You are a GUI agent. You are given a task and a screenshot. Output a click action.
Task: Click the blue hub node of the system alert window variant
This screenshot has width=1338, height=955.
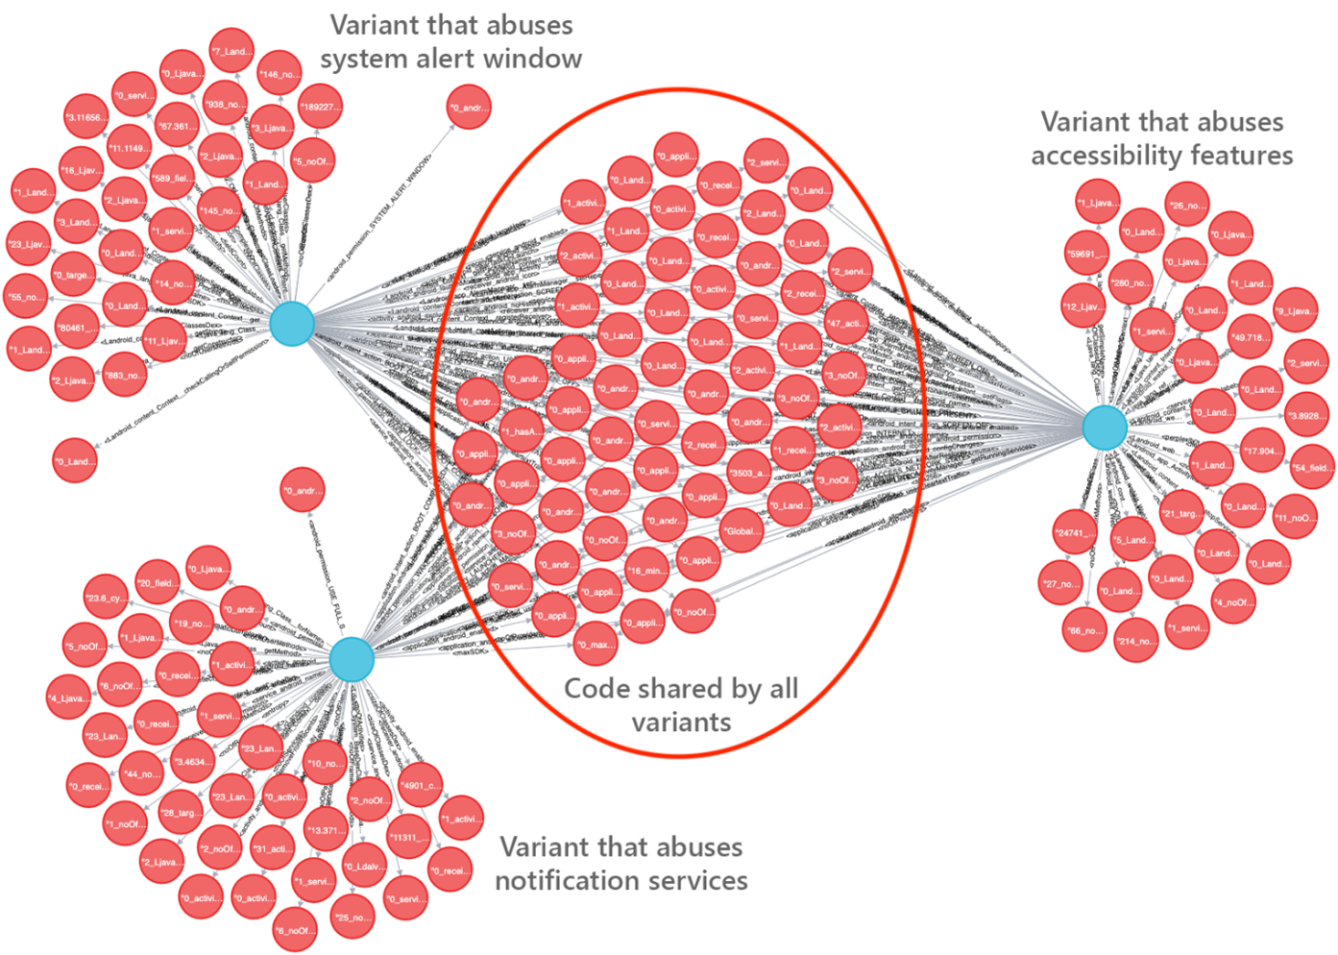(292, 324)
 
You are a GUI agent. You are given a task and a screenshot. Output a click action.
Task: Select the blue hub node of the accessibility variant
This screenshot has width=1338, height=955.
(1105, 428)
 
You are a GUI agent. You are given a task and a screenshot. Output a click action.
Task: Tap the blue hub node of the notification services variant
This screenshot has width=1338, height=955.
(352, 660)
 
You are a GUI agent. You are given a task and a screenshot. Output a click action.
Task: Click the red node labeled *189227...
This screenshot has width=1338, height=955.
(320, 107)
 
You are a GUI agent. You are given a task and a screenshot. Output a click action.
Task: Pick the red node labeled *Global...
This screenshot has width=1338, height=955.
(742, 531)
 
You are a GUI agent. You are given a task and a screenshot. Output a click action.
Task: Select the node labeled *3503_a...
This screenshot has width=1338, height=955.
(748, 473)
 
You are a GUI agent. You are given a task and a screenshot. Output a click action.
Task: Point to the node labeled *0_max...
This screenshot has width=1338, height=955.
(596, 645)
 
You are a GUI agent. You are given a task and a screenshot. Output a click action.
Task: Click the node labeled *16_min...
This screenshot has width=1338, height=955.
(648, 570)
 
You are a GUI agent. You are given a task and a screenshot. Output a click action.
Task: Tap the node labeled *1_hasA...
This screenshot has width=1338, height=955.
(522, 432)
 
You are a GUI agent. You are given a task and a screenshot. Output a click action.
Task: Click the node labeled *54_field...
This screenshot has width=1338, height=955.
(1312, 468)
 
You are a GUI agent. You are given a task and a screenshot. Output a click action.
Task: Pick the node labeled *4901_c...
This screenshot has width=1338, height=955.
(420, 786)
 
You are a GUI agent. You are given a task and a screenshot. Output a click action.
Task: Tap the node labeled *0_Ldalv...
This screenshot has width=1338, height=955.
(365, 867)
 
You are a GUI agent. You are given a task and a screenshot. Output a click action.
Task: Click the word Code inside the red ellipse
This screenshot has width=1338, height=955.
(596, 689)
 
